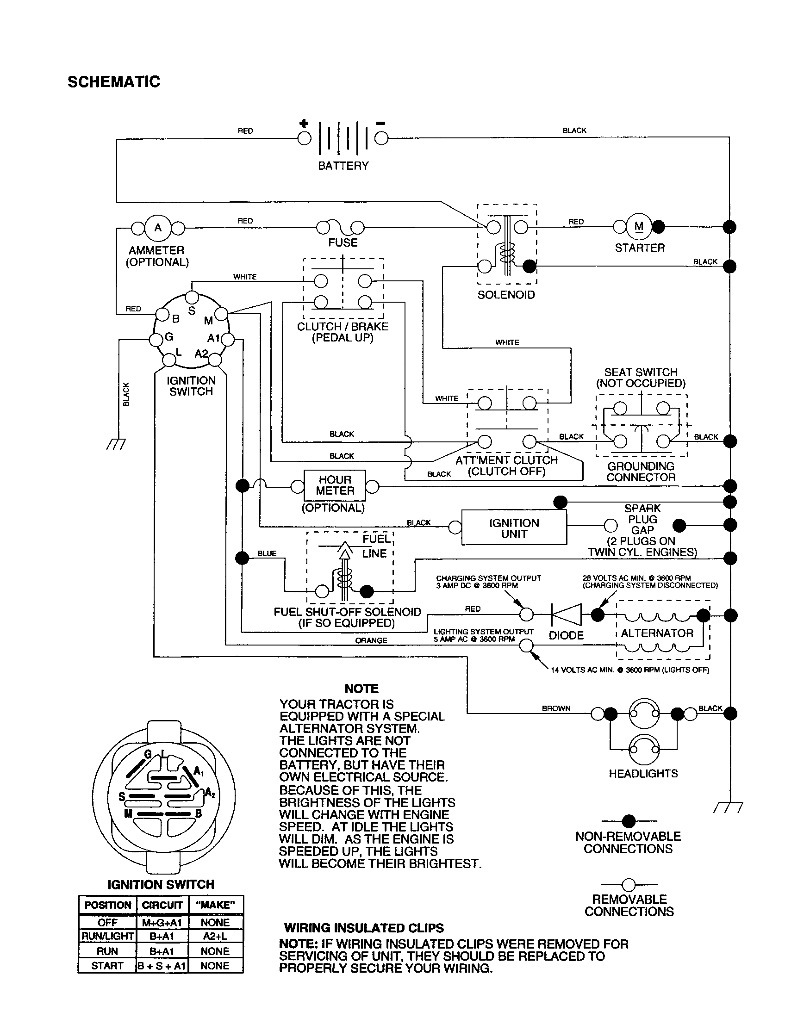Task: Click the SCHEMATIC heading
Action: [114, 82]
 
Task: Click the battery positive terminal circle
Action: [304, 138]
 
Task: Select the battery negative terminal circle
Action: [381, 138]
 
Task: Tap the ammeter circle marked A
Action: [158, 228]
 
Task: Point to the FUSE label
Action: [343, 242]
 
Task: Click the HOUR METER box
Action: [335, 486]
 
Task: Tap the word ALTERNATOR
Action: [657, 633]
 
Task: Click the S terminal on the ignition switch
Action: [192, 298]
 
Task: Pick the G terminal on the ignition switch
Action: [156, 339]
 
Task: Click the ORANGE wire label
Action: [371, 640]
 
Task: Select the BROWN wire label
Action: [555, 708]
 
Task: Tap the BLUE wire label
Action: [267, 553]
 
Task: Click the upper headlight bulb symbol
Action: [644, 713]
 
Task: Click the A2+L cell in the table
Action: [215, 936]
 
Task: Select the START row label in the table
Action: [107, 966]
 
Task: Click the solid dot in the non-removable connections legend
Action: [629, 821]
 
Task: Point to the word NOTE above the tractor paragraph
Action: [361, 689]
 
